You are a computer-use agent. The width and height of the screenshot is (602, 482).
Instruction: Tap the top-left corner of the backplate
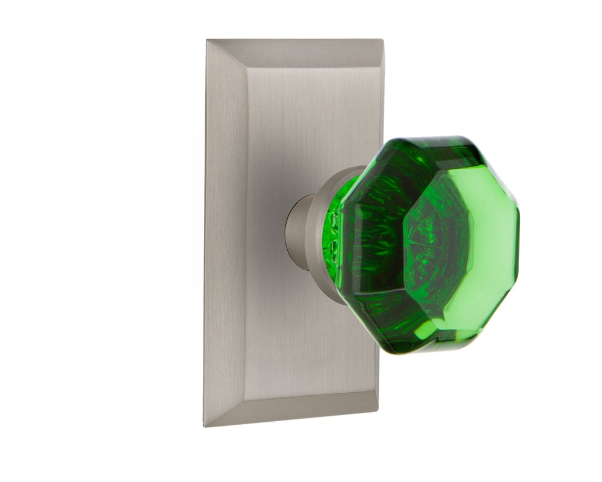coord(208,41)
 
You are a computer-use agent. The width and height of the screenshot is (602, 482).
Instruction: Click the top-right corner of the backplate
coord(382,41)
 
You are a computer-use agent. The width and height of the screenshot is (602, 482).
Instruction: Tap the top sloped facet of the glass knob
coord(421,154)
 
